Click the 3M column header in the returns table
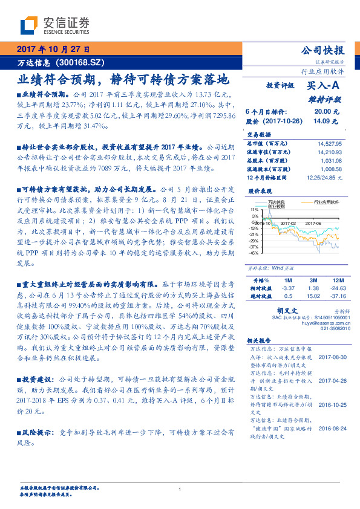point(313,281)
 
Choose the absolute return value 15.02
point(313,296)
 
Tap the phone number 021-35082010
point(329,328)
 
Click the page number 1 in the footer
point(180,490)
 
